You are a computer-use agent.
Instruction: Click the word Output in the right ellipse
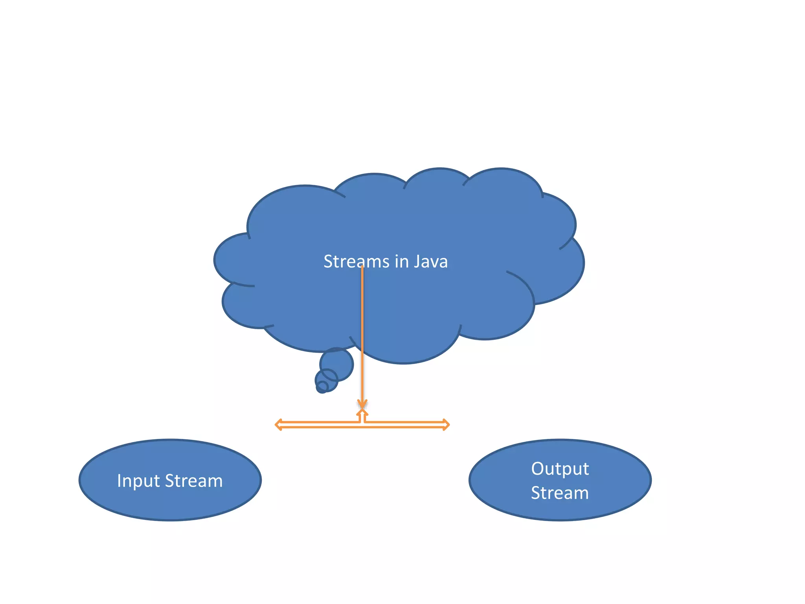(x=560, y=469)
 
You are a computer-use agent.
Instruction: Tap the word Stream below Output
(x=560, y=493)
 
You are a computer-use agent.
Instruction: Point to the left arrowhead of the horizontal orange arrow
(x=278, y=425)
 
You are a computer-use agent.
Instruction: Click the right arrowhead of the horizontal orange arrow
(x=446, y=425)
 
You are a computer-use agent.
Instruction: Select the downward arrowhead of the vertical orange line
(x=362, y=404)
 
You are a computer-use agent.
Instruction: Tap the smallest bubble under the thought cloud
(x=322, y=387)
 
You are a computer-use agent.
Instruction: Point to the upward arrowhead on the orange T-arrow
(x=362, y=413)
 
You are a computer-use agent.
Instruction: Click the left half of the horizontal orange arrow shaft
(x=318, y=425)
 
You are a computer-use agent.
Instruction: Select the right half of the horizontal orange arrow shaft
(x=405, y=425)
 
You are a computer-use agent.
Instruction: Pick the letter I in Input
(x=119, y=481)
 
